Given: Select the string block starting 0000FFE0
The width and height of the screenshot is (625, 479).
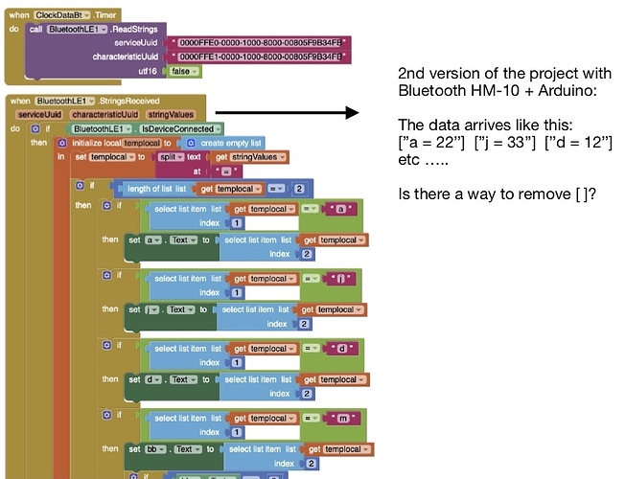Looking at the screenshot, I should click(259, 43).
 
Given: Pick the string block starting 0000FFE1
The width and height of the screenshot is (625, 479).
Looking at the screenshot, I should click(259, 57).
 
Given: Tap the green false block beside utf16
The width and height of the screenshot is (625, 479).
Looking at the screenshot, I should click(179, 72).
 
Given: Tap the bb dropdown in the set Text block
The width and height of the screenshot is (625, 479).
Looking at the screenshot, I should click(158, 449).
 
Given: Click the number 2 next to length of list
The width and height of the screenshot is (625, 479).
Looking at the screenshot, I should click(299, 189).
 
